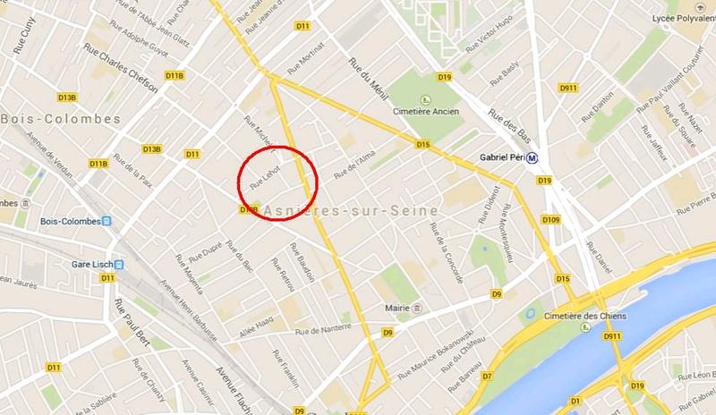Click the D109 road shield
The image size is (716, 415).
click(x=550, y=220)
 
